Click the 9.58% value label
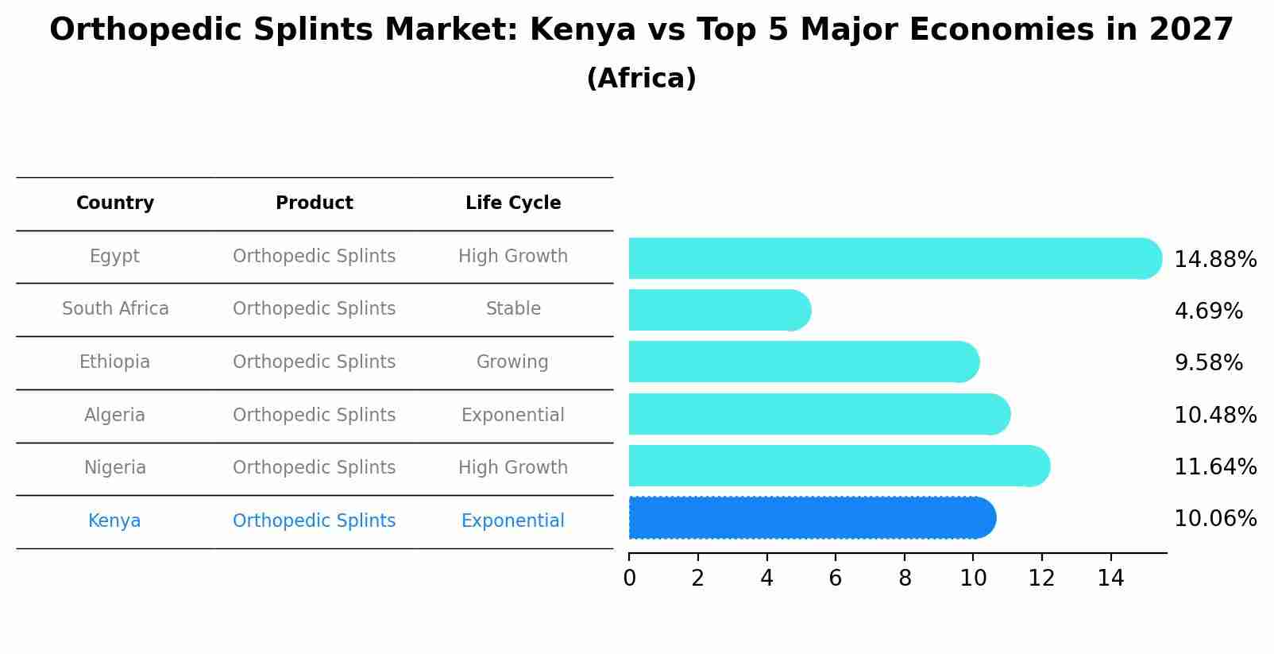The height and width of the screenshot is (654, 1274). coord(1208,363)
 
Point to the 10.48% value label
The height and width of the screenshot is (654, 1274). coord(1215,415)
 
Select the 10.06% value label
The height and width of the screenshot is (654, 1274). coord(1215,519)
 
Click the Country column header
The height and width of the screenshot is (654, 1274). coord(115,203)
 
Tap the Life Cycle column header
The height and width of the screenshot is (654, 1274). coord(513,203)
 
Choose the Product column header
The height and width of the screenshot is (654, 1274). coord(315,203)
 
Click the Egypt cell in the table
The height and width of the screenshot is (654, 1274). coord(114,257)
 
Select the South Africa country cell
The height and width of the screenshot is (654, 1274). coord(115,309)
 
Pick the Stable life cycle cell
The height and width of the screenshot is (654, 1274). coord(513,309)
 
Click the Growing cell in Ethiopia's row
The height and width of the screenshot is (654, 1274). coord(512,362)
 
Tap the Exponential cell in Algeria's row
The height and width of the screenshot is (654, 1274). coord(512,416)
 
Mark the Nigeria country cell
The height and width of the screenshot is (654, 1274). coord(115,468)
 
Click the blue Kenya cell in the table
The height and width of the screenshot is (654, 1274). coord(114,521)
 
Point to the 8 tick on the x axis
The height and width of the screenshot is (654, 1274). coord(905,578)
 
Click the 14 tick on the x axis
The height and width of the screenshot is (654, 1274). coord(1110,578)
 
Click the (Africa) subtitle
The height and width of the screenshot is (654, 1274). coord(641,79)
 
